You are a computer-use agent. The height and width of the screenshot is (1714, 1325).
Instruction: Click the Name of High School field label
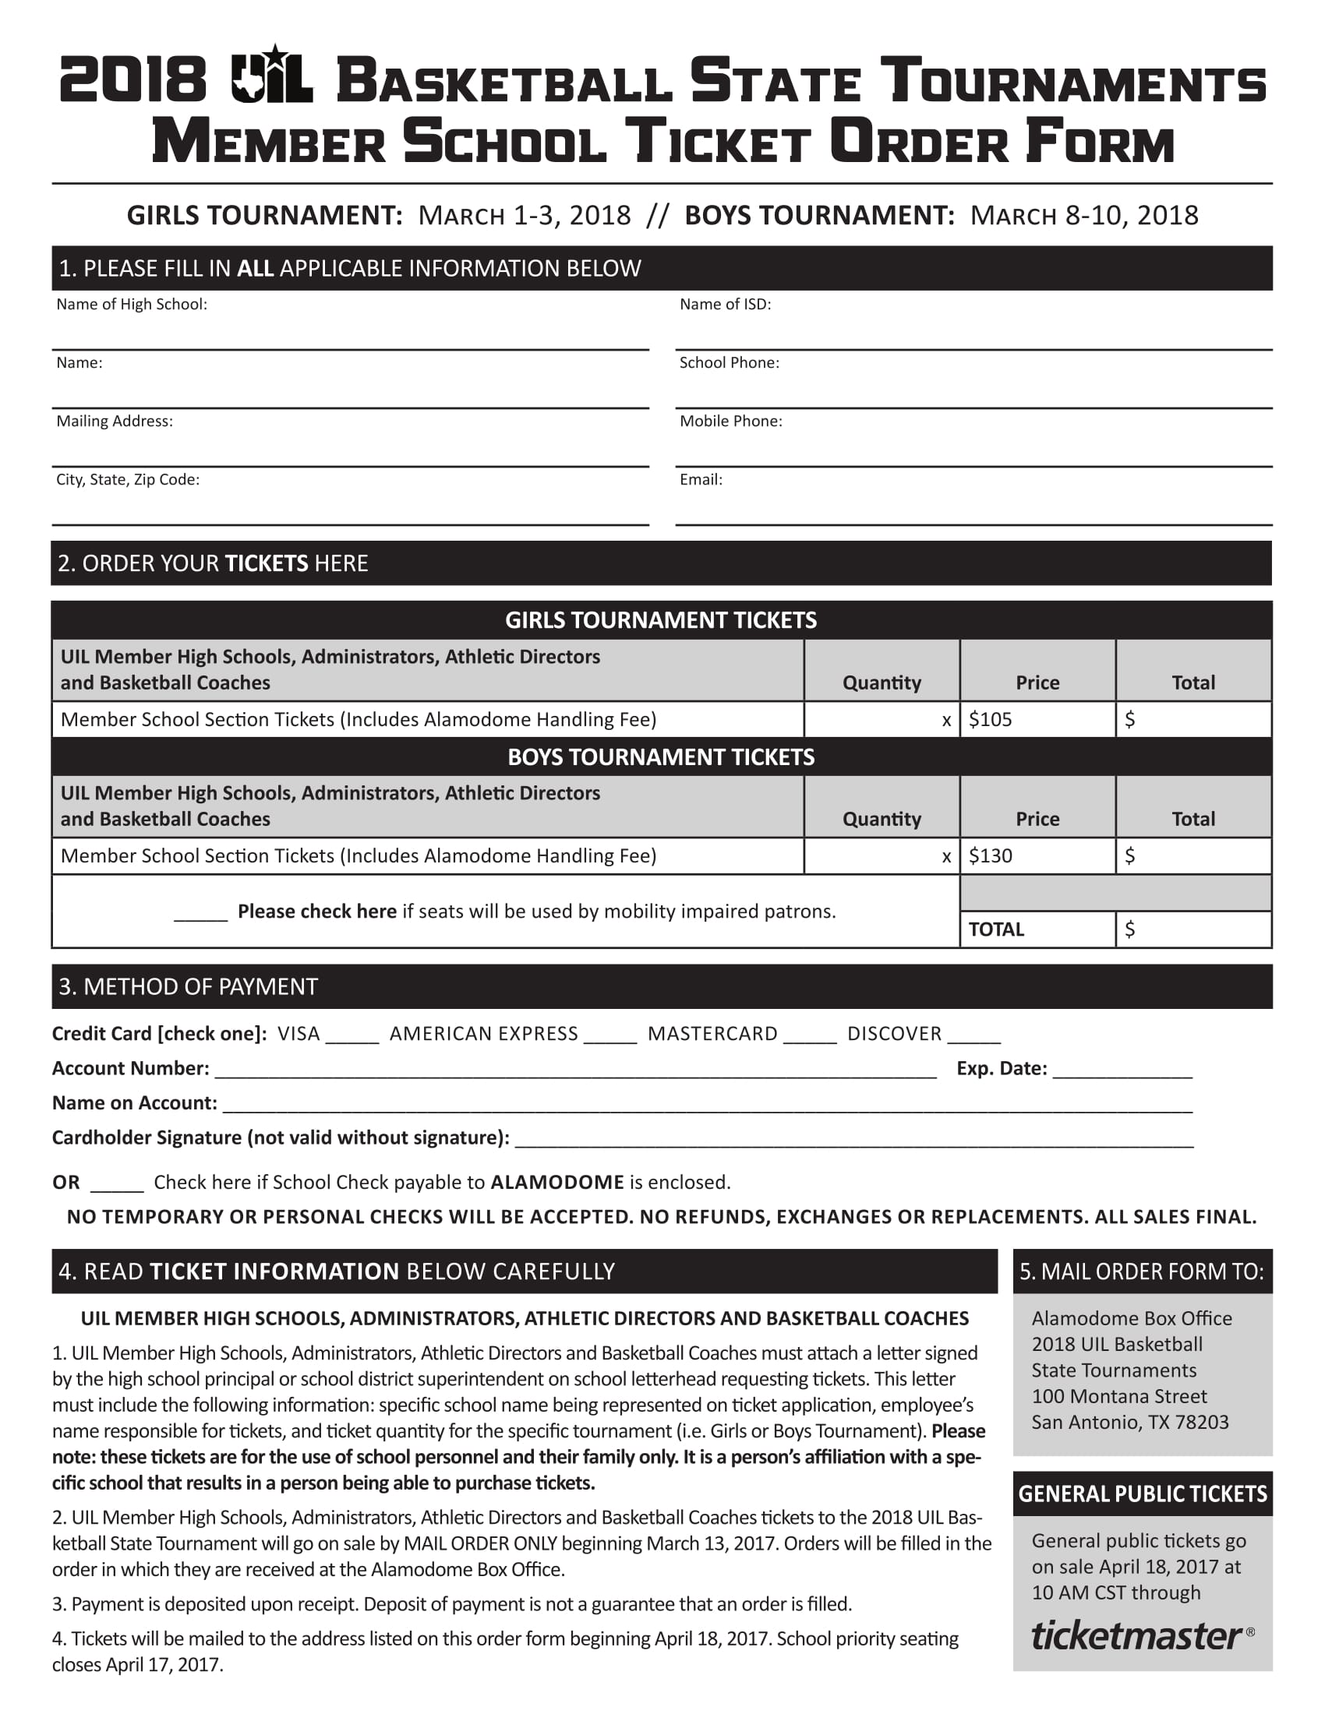coord(131,305)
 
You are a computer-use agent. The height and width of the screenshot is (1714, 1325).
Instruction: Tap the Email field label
coord(700,479)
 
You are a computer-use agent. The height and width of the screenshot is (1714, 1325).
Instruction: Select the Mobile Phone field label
coord(730,421)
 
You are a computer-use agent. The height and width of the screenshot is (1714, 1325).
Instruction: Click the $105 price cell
coord(1036,720)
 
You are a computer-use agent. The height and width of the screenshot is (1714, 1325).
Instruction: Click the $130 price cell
coord(1036,856)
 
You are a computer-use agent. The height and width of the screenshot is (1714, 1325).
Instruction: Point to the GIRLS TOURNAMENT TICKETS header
coord(661,621)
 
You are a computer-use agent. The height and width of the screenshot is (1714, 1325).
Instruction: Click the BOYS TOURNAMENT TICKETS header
coord(661,757)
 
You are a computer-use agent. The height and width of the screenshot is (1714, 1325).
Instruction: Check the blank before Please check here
coord(200,914)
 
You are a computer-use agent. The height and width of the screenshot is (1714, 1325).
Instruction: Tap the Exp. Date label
coord(1001,1069)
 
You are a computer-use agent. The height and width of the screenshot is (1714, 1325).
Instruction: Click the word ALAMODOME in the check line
coord(556,1183)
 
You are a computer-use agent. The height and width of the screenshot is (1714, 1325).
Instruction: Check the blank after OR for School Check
coord(117,1184)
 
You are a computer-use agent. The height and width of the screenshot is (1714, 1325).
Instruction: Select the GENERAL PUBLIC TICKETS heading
coord(1142,1494)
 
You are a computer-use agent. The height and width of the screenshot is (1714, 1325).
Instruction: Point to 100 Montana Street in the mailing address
coord(1118,1396)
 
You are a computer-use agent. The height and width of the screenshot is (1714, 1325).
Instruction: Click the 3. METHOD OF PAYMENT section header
coord(189,986)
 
